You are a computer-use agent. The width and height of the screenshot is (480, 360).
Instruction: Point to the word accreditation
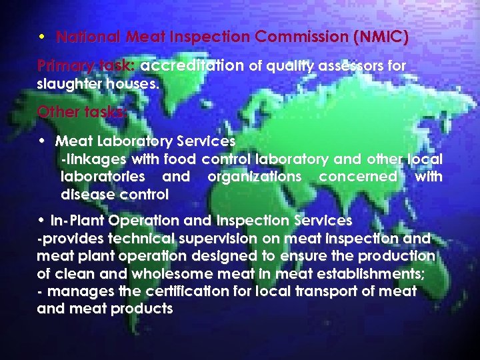coord(193,66)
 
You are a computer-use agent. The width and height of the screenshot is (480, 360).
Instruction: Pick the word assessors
coord(349,66)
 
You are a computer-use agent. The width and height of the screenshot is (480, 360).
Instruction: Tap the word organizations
coord(255,177)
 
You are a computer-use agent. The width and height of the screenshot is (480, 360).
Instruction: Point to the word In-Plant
coord(79,221)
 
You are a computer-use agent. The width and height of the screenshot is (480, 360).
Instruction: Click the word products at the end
coord(141,309)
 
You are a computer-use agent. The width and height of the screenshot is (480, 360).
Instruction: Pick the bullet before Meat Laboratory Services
coord(42,141)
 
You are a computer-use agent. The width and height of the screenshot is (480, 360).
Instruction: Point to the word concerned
coord(358,177)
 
